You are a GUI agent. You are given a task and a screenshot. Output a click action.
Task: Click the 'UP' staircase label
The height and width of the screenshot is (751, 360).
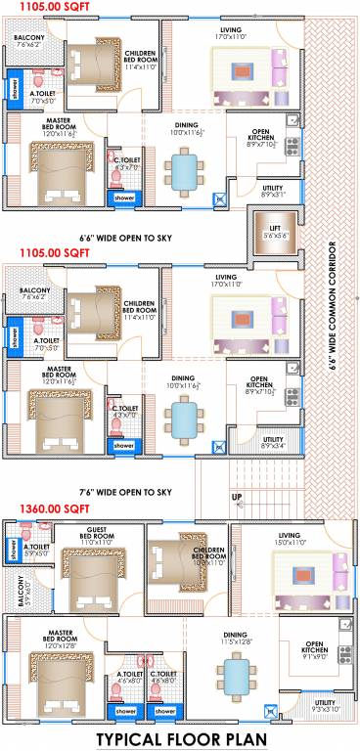[x=236, y=498]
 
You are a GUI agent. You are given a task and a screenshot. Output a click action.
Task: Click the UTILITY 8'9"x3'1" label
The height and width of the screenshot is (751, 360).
[x=274, y=191]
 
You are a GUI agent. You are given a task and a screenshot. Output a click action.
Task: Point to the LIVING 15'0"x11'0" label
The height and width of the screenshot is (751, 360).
[x=290, y=538]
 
